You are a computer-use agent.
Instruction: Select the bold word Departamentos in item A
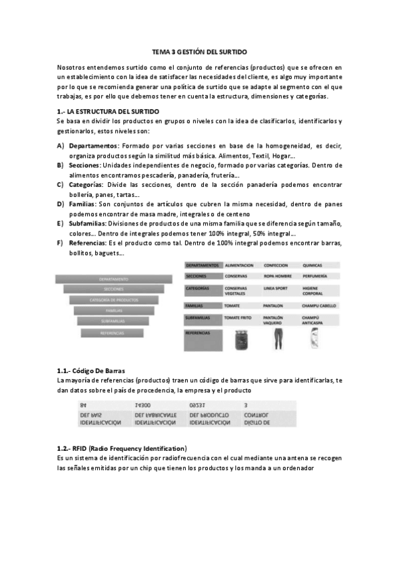coord(93,146)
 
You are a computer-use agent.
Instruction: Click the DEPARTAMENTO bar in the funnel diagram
coord(113,279)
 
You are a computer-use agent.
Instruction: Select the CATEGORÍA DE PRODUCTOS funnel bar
coord(113,300)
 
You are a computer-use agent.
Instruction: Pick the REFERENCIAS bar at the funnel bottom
coord(113,333)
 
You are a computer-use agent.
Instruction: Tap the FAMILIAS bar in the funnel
coord(113,311)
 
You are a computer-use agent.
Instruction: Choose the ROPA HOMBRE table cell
coord(279,275)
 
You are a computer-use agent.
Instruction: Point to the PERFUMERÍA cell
coord(316,275)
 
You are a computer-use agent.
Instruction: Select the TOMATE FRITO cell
coord(239,318)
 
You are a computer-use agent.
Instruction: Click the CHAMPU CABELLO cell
coord(319,305)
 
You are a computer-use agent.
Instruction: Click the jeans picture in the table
coord(276,339)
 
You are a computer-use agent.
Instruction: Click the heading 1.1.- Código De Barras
coord(91,370)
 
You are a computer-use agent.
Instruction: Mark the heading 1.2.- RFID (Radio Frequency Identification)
coord(122,448)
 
